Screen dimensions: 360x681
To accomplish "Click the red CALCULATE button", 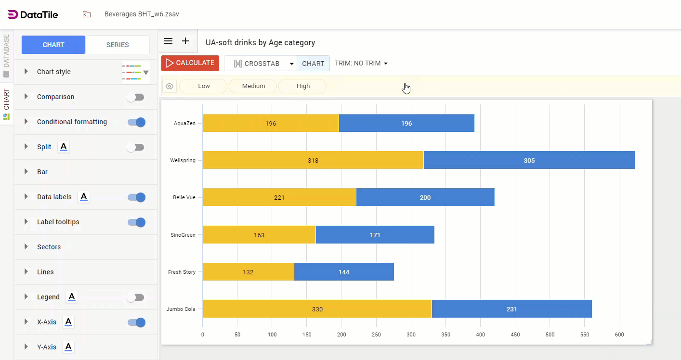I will point(190,63).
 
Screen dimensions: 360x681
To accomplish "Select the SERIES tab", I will point(118,45).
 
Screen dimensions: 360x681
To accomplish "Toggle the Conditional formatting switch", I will point(136,122).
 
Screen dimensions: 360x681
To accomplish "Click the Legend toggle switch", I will point(135,297).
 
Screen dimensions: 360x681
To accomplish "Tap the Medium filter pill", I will point(253,86).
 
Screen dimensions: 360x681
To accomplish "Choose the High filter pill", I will point(303,86).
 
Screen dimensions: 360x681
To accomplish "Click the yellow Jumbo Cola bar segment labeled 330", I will point(317,309).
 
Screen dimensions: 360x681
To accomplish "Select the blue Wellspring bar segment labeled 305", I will point(529,160).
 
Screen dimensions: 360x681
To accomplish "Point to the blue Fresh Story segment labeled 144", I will point(344,272).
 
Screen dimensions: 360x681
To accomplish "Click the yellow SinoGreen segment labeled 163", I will point(259,235).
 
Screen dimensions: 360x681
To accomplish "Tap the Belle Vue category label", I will point(184,198).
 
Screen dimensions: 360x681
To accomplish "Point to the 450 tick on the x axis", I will point(515,334).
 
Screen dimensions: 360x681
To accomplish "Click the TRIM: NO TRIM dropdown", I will point(361,63).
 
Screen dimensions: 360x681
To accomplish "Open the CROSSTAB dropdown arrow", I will point(292,64).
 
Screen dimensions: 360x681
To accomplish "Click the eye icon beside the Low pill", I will point(170,87).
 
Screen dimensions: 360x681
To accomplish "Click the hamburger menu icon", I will point(168,41).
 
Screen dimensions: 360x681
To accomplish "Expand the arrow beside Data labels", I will point(26,197).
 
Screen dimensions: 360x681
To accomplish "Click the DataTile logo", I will point(33,14).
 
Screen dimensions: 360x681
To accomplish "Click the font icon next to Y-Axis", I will point(68,347).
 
